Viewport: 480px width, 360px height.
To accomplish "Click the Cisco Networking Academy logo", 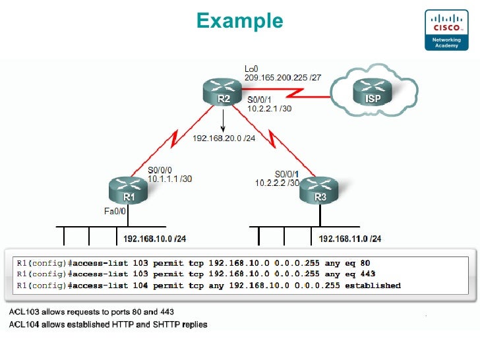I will pyautogui.click(x=446, y=29).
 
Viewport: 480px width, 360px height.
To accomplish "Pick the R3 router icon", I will pyautogui.click(x=320, y=191).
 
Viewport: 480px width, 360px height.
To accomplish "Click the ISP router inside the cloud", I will pyautogui.click(x=372, y=92).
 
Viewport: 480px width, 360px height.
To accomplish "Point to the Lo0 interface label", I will pyautogui.click(x=251, y=69).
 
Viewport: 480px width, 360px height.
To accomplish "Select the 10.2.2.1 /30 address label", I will pyautogui.click(x=269, y=108).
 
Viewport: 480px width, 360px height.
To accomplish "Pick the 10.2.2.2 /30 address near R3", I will pyautogui.click(x=277, y=183).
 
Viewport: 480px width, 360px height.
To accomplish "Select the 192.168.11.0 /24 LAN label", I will pyautogui.click(x=349, y=238).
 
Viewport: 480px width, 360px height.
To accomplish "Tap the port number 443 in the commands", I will pyautogui.click(x=368, y=274).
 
